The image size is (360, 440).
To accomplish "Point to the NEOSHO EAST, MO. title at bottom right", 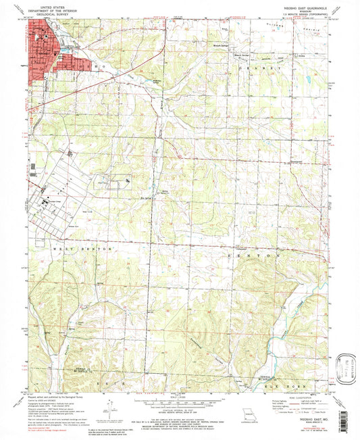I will click(303, 419).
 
